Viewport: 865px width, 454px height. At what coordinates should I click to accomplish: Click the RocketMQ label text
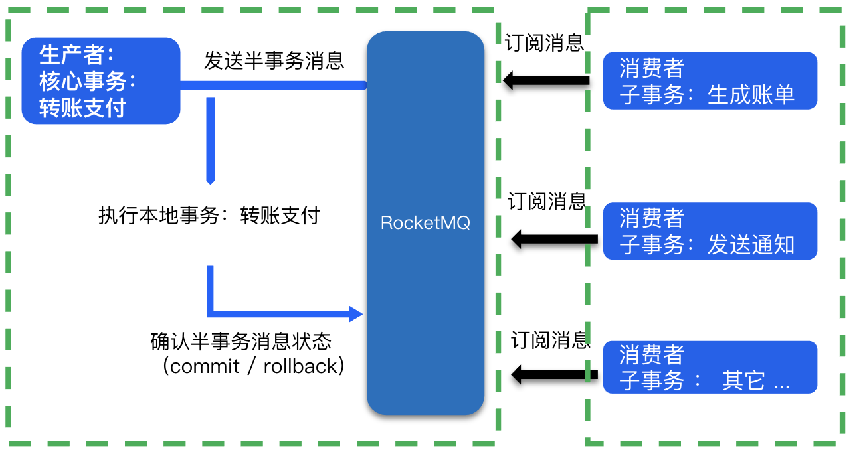[x=425, y=223]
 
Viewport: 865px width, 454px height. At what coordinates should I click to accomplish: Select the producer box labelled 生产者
[x=101, y=81]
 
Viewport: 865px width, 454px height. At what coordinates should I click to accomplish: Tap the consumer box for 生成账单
[x=710, y=81]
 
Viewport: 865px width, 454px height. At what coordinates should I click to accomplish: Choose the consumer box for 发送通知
[x=710, y=231]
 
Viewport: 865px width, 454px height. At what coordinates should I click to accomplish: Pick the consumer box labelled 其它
[x=710, y=367]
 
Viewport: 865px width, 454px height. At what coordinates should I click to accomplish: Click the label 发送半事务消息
[x=274, y=60]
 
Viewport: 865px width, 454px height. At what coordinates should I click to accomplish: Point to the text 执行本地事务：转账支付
[x=209, y=216]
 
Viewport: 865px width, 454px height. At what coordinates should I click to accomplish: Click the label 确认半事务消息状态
[x=240, y=342]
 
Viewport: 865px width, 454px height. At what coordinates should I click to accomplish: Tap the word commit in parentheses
[x=205, y=366]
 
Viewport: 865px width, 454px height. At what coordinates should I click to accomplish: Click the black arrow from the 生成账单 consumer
[x=546, y=81]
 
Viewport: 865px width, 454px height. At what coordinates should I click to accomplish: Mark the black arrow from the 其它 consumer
[x=554, y=374]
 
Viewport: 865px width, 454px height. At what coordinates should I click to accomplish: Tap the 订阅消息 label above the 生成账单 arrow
[x=544, y=44]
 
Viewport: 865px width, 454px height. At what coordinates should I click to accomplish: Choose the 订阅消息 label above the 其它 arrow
[x=550, y=340]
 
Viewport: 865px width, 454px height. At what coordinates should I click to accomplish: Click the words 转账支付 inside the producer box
[x=82, y=108]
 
